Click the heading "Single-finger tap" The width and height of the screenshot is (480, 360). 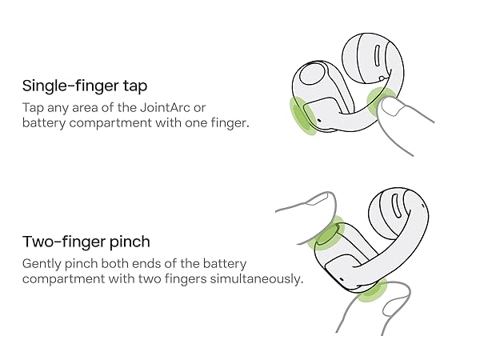click(x=85, y=86)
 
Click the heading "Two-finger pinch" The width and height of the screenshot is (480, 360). click(x=86, y=242)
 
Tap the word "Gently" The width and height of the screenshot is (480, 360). click(x=42, y=264)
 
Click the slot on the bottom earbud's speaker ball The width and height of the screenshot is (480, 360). click(x=396, y=206)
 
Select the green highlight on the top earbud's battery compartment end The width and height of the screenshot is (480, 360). click(x=302, y=115)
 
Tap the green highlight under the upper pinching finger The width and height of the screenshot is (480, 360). click(x=326, y=234)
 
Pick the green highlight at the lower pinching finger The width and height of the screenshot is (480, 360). click(x=373, y=291)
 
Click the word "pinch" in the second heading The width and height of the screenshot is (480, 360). click(x=130, y=242)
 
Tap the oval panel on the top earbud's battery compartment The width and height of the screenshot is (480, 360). click(x=312, y=74)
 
